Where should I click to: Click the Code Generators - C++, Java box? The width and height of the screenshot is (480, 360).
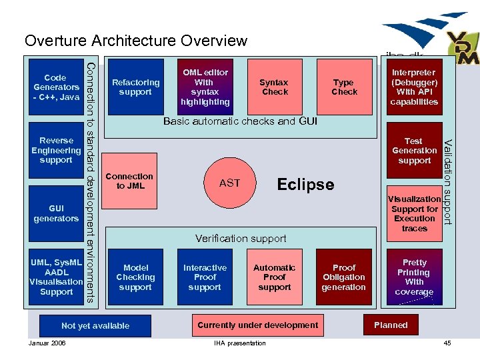[57, 87]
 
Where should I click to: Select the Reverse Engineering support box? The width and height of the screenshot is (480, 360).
[57, 151]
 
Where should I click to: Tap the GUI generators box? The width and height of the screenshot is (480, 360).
[57, 214]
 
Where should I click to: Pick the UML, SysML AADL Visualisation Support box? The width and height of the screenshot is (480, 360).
[57, 277]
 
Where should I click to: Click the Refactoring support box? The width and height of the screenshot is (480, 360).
[135, 87]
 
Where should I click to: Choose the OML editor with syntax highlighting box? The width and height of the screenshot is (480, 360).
[205, 87]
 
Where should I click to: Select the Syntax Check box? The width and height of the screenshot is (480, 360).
[275, 87]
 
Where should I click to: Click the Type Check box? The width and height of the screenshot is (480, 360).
[344, 87]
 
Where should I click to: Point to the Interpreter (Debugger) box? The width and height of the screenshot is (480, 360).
[414, 87]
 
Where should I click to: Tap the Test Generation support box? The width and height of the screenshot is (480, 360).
[414, 151]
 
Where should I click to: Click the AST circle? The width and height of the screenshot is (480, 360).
[229, 183]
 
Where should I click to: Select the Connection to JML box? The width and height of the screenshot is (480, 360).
[135, 181]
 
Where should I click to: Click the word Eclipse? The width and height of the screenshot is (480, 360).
[305, 185]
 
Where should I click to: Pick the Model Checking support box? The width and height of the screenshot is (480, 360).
[135, 277]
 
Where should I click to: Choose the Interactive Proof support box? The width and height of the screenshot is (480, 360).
[205, 277]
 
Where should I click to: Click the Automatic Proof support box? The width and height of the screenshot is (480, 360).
[275, 277]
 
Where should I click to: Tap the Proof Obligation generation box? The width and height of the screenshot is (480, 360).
[344, 277]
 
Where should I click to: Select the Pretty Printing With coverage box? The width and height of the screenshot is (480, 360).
[414, 277]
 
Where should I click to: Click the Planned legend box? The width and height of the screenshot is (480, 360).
[391, 325]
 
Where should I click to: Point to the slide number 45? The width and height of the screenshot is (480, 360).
[447, 343]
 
